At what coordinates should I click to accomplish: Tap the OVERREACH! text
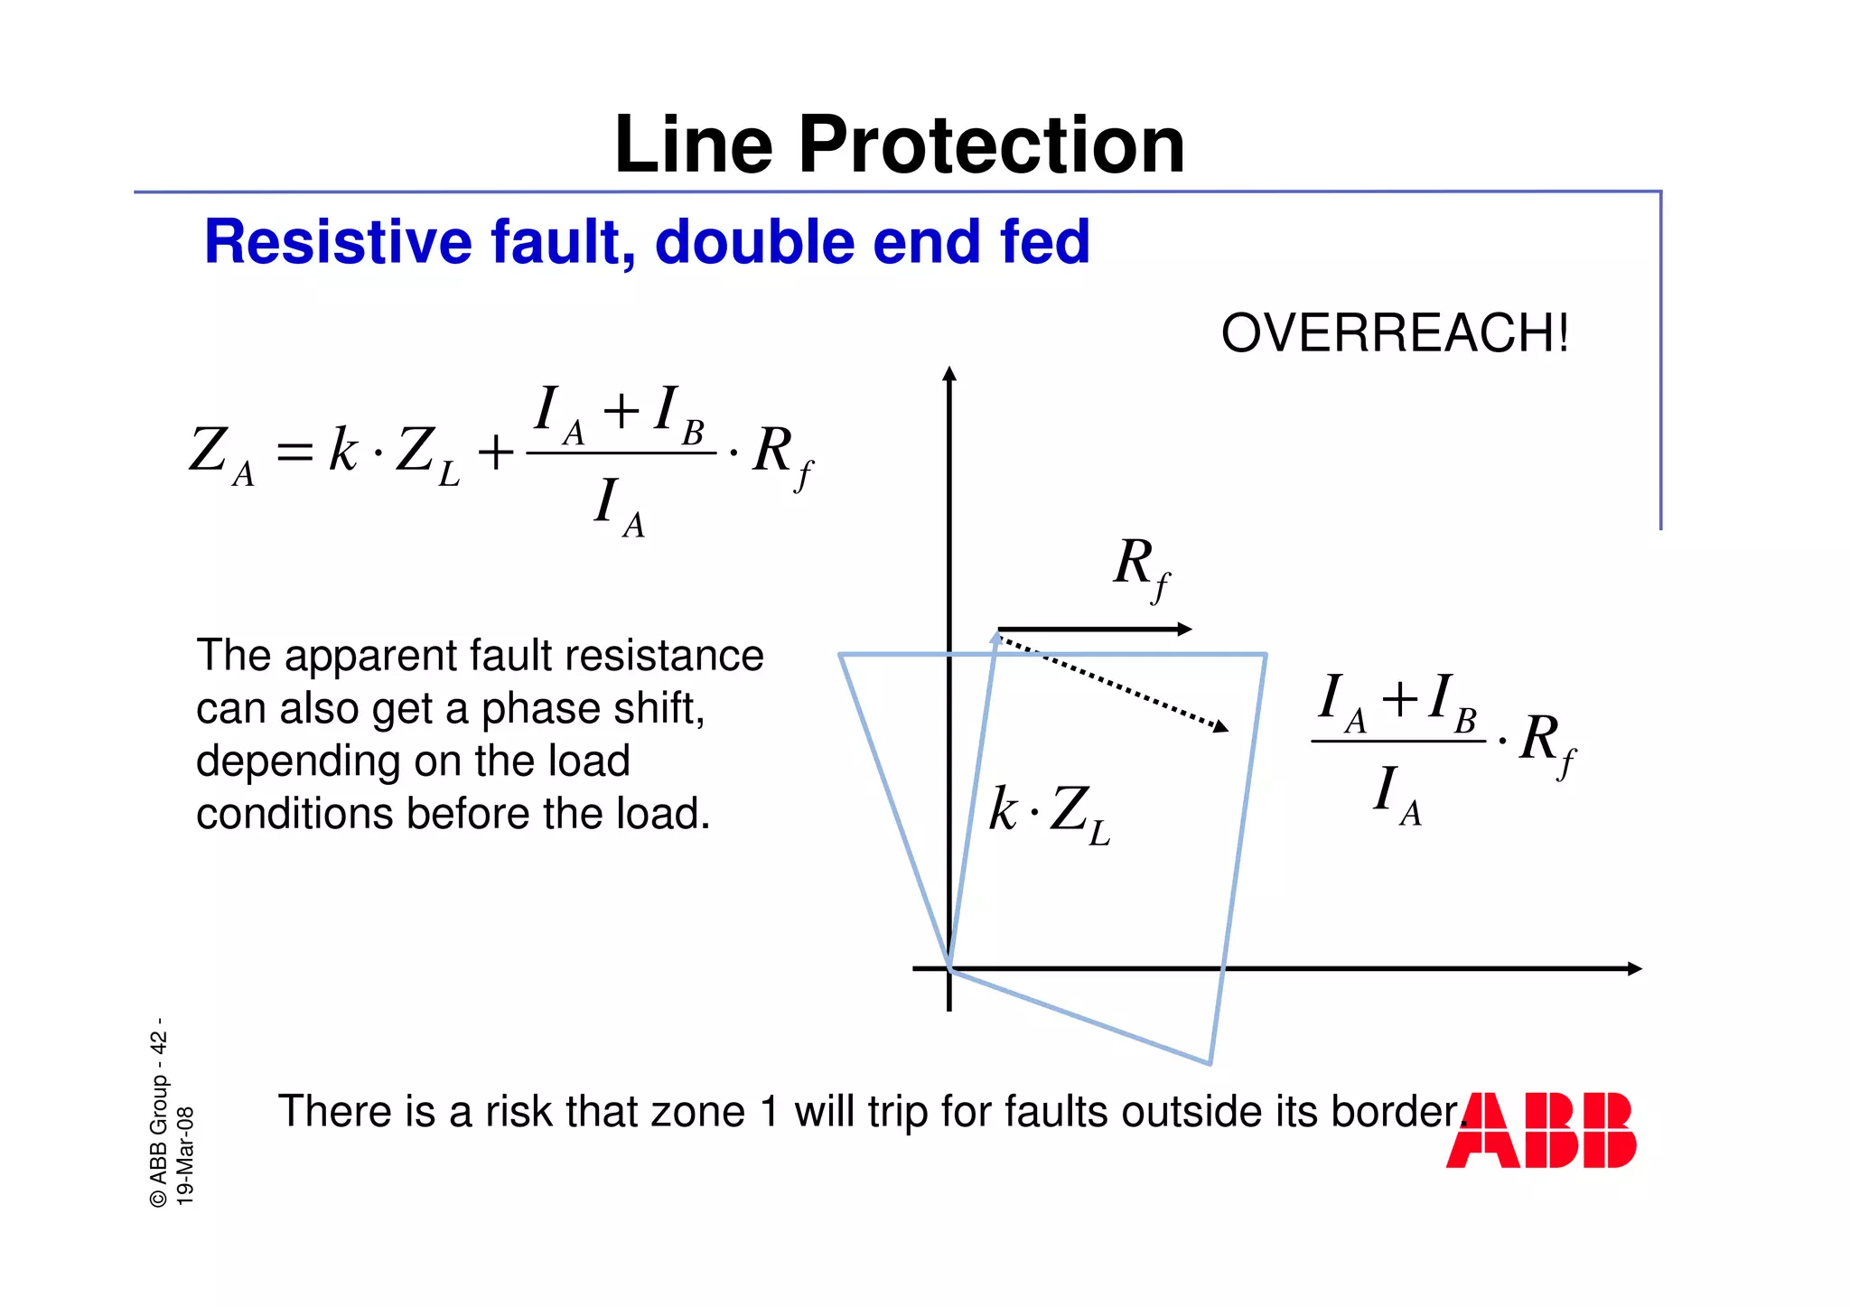coord(1394,333)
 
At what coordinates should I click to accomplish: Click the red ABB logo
coord(1541,1130)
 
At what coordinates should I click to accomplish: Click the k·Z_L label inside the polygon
coord(1049,813)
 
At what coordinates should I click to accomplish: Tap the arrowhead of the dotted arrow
coord(1221,726)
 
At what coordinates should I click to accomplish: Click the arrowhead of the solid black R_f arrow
coord(1185,630)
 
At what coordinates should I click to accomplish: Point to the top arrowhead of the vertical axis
coord(948,373)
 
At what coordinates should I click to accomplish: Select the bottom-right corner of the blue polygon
coord(1210,1064)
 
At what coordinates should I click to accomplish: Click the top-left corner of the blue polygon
coord(840,655)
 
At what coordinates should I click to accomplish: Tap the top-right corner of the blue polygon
coord(1266,654)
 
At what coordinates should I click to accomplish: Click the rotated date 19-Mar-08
coord(184,1156)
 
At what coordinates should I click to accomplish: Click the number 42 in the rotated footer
coord(159,1042)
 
